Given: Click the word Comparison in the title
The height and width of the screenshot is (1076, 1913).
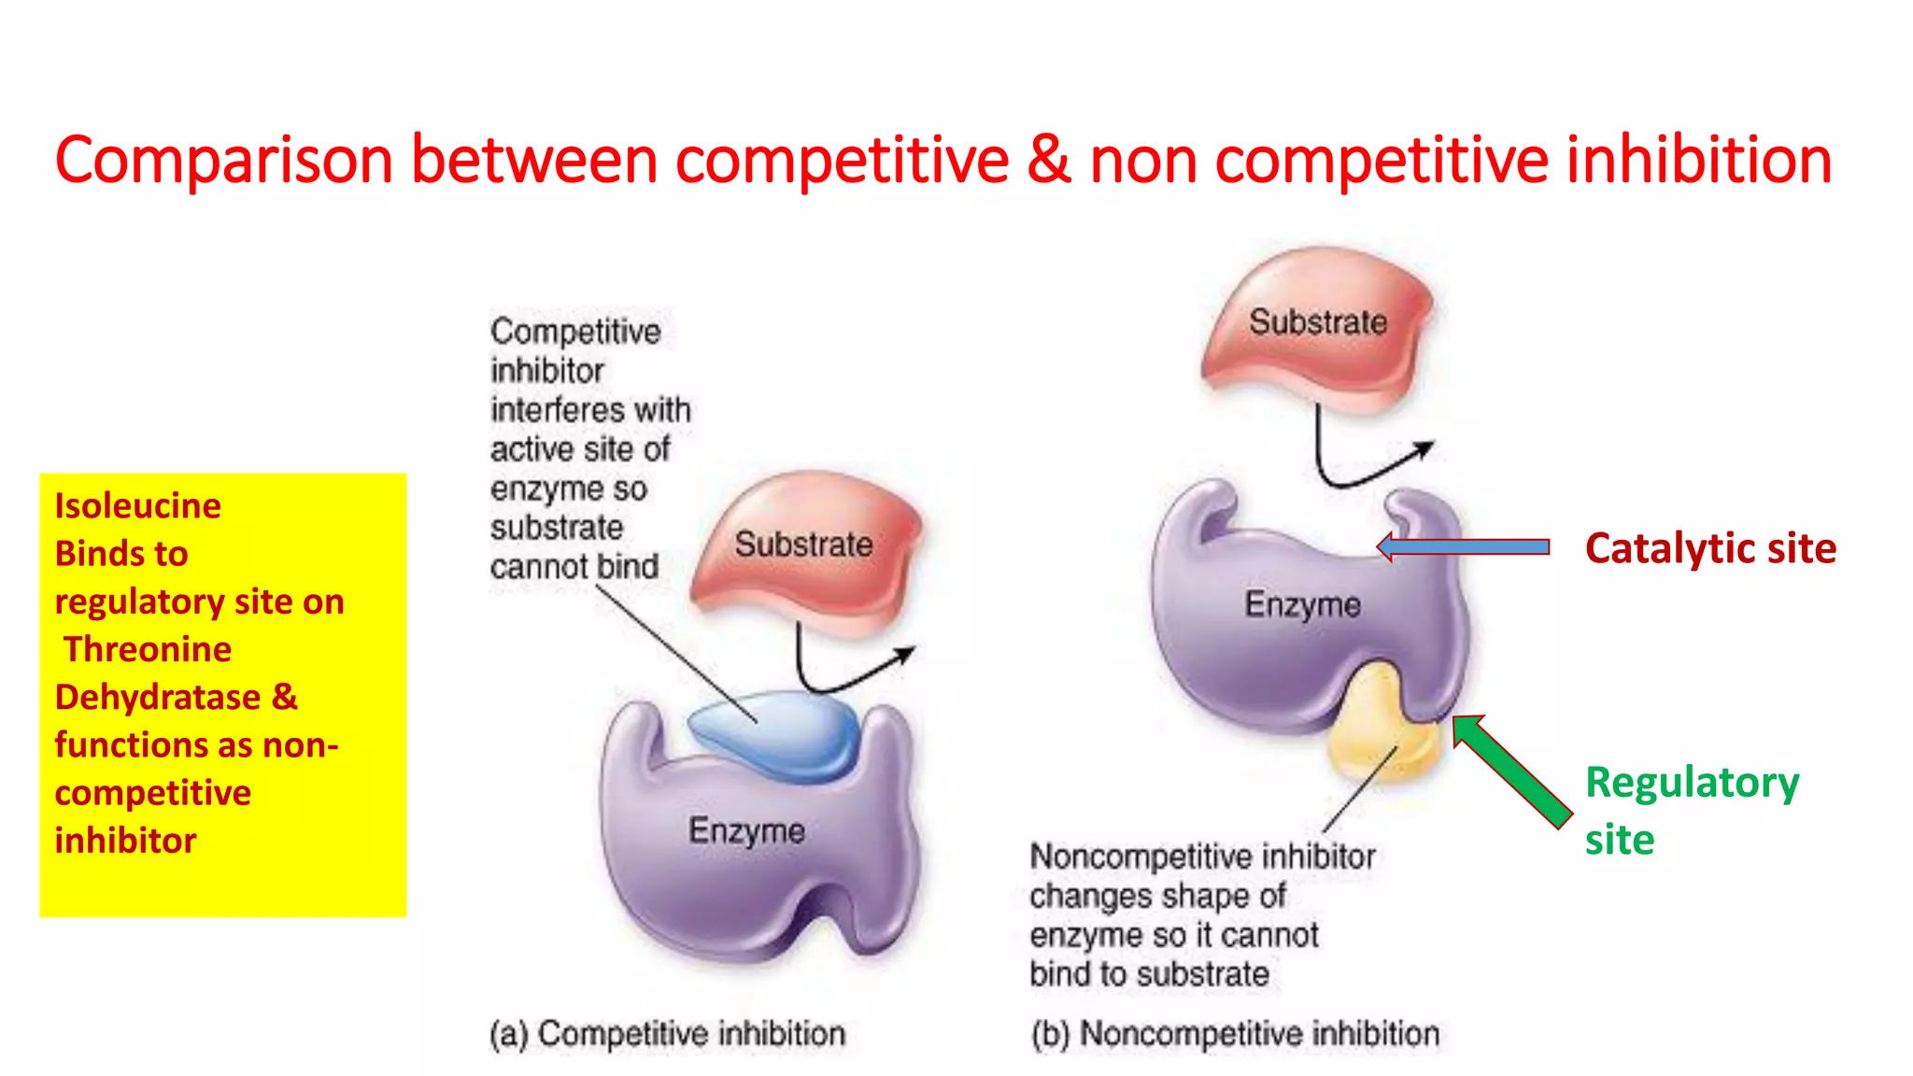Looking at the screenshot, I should coord(224,161).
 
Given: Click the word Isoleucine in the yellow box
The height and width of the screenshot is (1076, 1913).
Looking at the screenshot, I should coord(138,505).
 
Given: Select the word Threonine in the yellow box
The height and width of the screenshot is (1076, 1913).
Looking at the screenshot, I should coord(148,649).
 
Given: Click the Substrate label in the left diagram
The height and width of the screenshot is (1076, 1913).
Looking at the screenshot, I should coord(803,544).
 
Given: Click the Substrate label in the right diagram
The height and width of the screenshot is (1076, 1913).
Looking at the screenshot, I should coord(1317,322).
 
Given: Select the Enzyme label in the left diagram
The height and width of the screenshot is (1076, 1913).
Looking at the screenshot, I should coord(746,829).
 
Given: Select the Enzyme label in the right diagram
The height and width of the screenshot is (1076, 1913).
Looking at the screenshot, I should coord(1302,604).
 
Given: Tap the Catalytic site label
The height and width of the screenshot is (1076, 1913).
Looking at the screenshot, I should coord(1710,548).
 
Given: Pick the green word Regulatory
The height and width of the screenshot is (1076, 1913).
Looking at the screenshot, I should coord(1692,783).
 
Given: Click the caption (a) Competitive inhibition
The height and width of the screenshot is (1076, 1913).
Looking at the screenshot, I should coord(667,1034).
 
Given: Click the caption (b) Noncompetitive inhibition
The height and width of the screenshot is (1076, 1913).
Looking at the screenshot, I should coord(1235,1034).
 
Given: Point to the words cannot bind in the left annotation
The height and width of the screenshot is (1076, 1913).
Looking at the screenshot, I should coord(574,567).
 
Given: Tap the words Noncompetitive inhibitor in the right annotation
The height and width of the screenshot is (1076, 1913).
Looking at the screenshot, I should coord(1202,857).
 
